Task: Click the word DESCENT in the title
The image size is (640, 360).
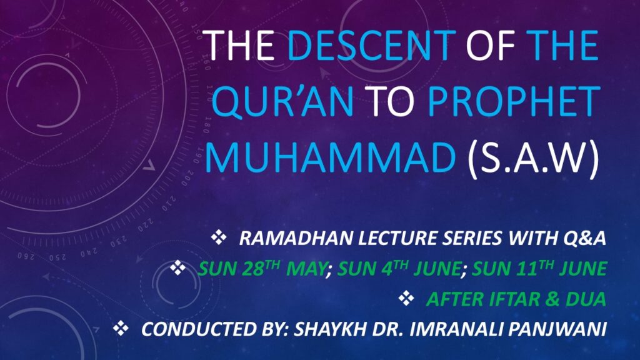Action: tap(371, 45)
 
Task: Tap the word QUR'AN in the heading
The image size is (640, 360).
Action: tap(283, 101)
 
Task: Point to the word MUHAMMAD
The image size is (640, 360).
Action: tap(330, 157)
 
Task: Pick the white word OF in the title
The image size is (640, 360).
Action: tap(490, 45)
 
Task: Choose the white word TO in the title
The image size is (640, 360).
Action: tap(391, 101)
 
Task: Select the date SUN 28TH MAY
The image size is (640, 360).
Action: tap(262, 269)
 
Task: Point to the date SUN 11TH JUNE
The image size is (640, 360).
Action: tap(539, 269)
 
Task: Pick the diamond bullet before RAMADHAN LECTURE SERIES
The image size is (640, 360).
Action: tap(219, 237)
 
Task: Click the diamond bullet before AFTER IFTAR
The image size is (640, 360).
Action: tap(406, 298)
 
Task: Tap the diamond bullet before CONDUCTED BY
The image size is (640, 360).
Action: tap(121, 328)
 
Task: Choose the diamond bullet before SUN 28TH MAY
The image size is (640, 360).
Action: tap(178, 267)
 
